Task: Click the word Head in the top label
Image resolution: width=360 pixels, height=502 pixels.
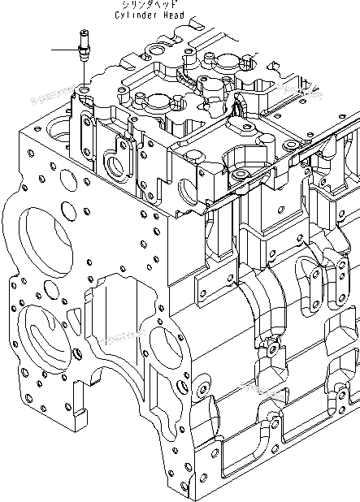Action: click(x=174, y=15)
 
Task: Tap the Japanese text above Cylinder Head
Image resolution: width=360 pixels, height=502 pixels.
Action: click(x=149, y=4)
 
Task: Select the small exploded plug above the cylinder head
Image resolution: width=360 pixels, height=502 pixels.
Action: click(x=84, y=45)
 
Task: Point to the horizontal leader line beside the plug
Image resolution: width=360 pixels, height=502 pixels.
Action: click(x=65, y=50)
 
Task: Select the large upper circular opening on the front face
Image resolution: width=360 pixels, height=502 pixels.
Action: click(x=45, y=242)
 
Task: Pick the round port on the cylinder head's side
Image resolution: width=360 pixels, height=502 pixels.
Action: click(x=115, y=167)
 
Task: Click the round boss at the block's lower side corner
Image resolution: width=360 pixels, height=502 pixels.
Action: click(x=202, y=388)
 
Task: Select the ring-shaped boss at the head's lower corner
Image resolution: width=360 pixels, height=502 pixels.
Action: click(x=240, y=175)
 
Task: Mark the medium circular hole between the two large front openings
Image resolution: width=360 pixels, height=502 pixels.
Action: click(x=51, y=290)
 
